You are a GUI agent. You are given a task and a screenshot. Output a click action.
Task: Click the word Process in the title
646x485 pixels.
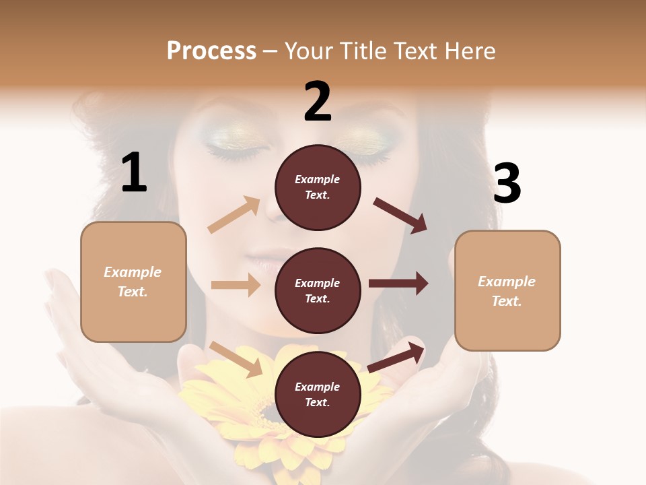(211, 51)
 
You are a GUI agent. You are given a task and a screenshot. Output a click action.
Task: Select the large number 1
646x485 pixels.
(134, 173)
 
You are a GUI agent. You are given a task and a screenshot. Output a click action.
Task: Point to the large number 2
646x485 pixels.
(318, 102)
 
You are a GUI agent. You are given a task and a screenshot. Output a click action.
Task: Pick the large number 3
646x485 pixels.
(507, 184)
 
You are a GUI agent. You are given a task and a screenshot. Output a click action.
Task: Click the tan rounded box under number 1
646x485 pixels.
(133, 282)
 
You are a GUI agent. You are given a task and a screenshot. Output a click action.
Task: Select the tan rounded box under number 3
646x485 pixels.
(507, 291)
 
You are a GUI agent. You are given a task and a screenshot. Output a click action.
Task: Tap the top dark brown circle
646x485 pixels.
(318, 187)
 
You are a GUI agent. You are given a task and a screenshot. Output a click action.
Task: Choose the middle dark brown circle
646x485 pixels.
(318, 290)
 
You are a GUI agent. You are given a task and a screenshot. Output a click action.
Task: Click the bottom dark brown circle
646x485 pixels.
(318, 394)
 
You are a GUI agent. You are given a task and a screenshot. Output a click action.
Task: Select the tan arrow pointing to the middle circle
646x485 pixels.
(236, 285)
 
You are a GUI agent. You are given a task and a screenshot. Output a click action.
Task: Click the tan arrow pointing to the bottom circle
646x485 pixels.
(236, 359)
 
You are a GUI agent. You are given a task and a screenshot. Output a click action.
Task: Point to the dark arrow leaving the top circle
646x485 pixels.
(400, 215)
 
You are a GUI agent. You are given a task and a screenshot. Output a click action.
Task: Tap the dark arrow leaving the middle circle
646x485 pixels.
(398, 283)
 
